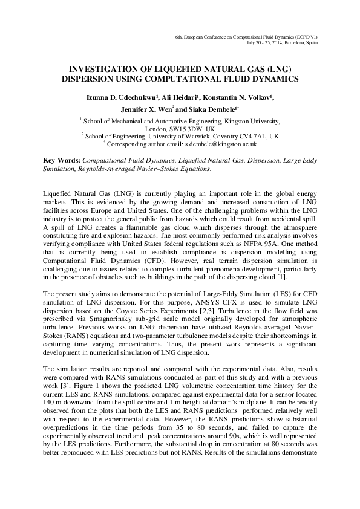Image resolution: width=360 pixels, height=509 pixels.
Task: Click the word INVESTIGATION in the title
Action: (104, 70)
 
